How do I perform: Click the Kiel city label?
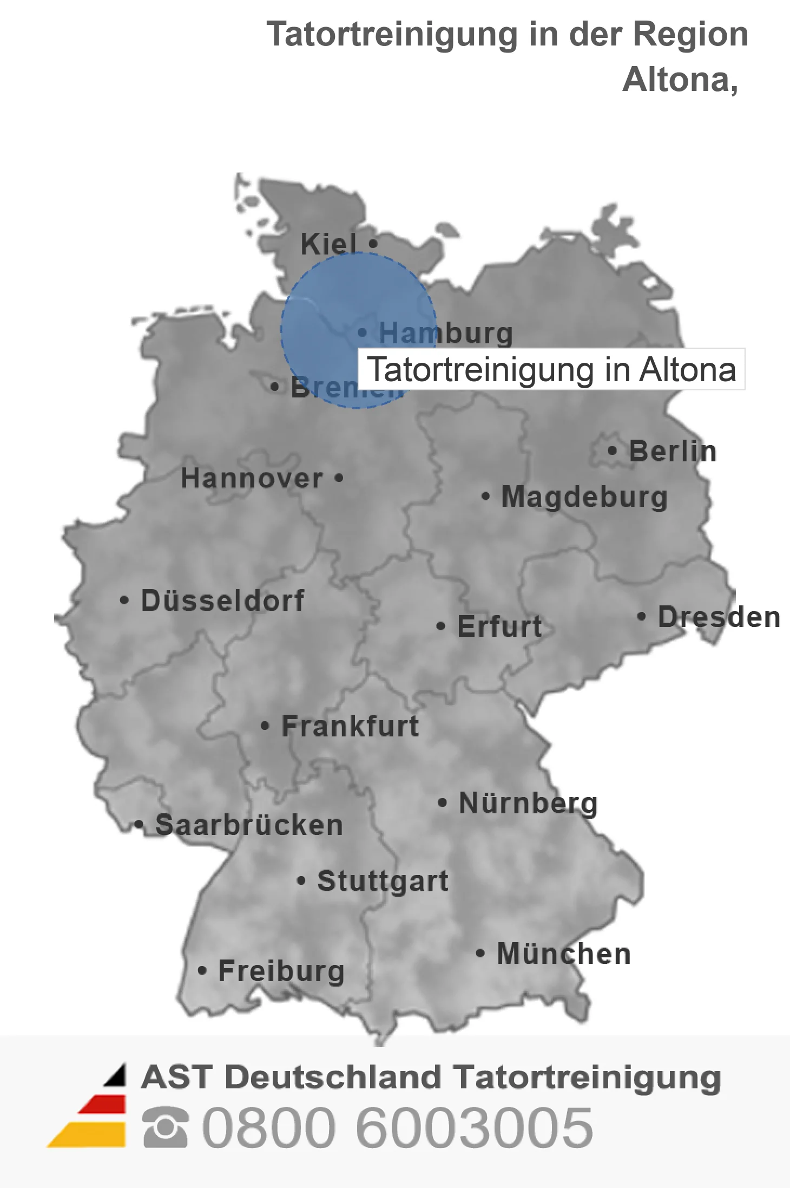point(328,244)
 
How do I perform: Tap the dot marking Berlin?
point(612,451)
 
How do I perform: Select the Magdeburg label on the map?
point(584,497)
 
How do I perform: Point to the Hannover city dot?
point(339,478)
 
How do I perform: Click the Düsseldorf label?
point(222,600)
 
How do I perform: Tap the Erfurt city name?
point(499,626)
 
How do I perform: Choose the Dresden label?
point(719,617)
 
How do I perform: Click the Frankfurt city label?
point(350,726)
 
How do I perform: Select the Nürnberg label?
point(528,803)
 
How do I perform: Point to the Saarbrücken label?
point(249,825)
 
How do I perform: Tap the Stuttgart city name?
point(383,881)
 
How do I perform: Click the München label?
point(563,954)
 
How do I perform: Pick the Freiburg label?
point(281,971)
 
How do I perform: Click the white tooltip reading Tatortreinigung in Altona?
point(551,369)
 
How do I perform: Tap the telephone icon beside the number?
point(165,1127)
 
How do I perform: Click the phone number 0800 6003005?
point(397,1127)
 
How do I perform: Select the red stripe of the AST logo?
point(103,1105)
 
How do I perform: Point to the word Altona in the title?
point(680,80)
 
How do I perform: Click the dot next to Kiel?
point(373,244)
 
